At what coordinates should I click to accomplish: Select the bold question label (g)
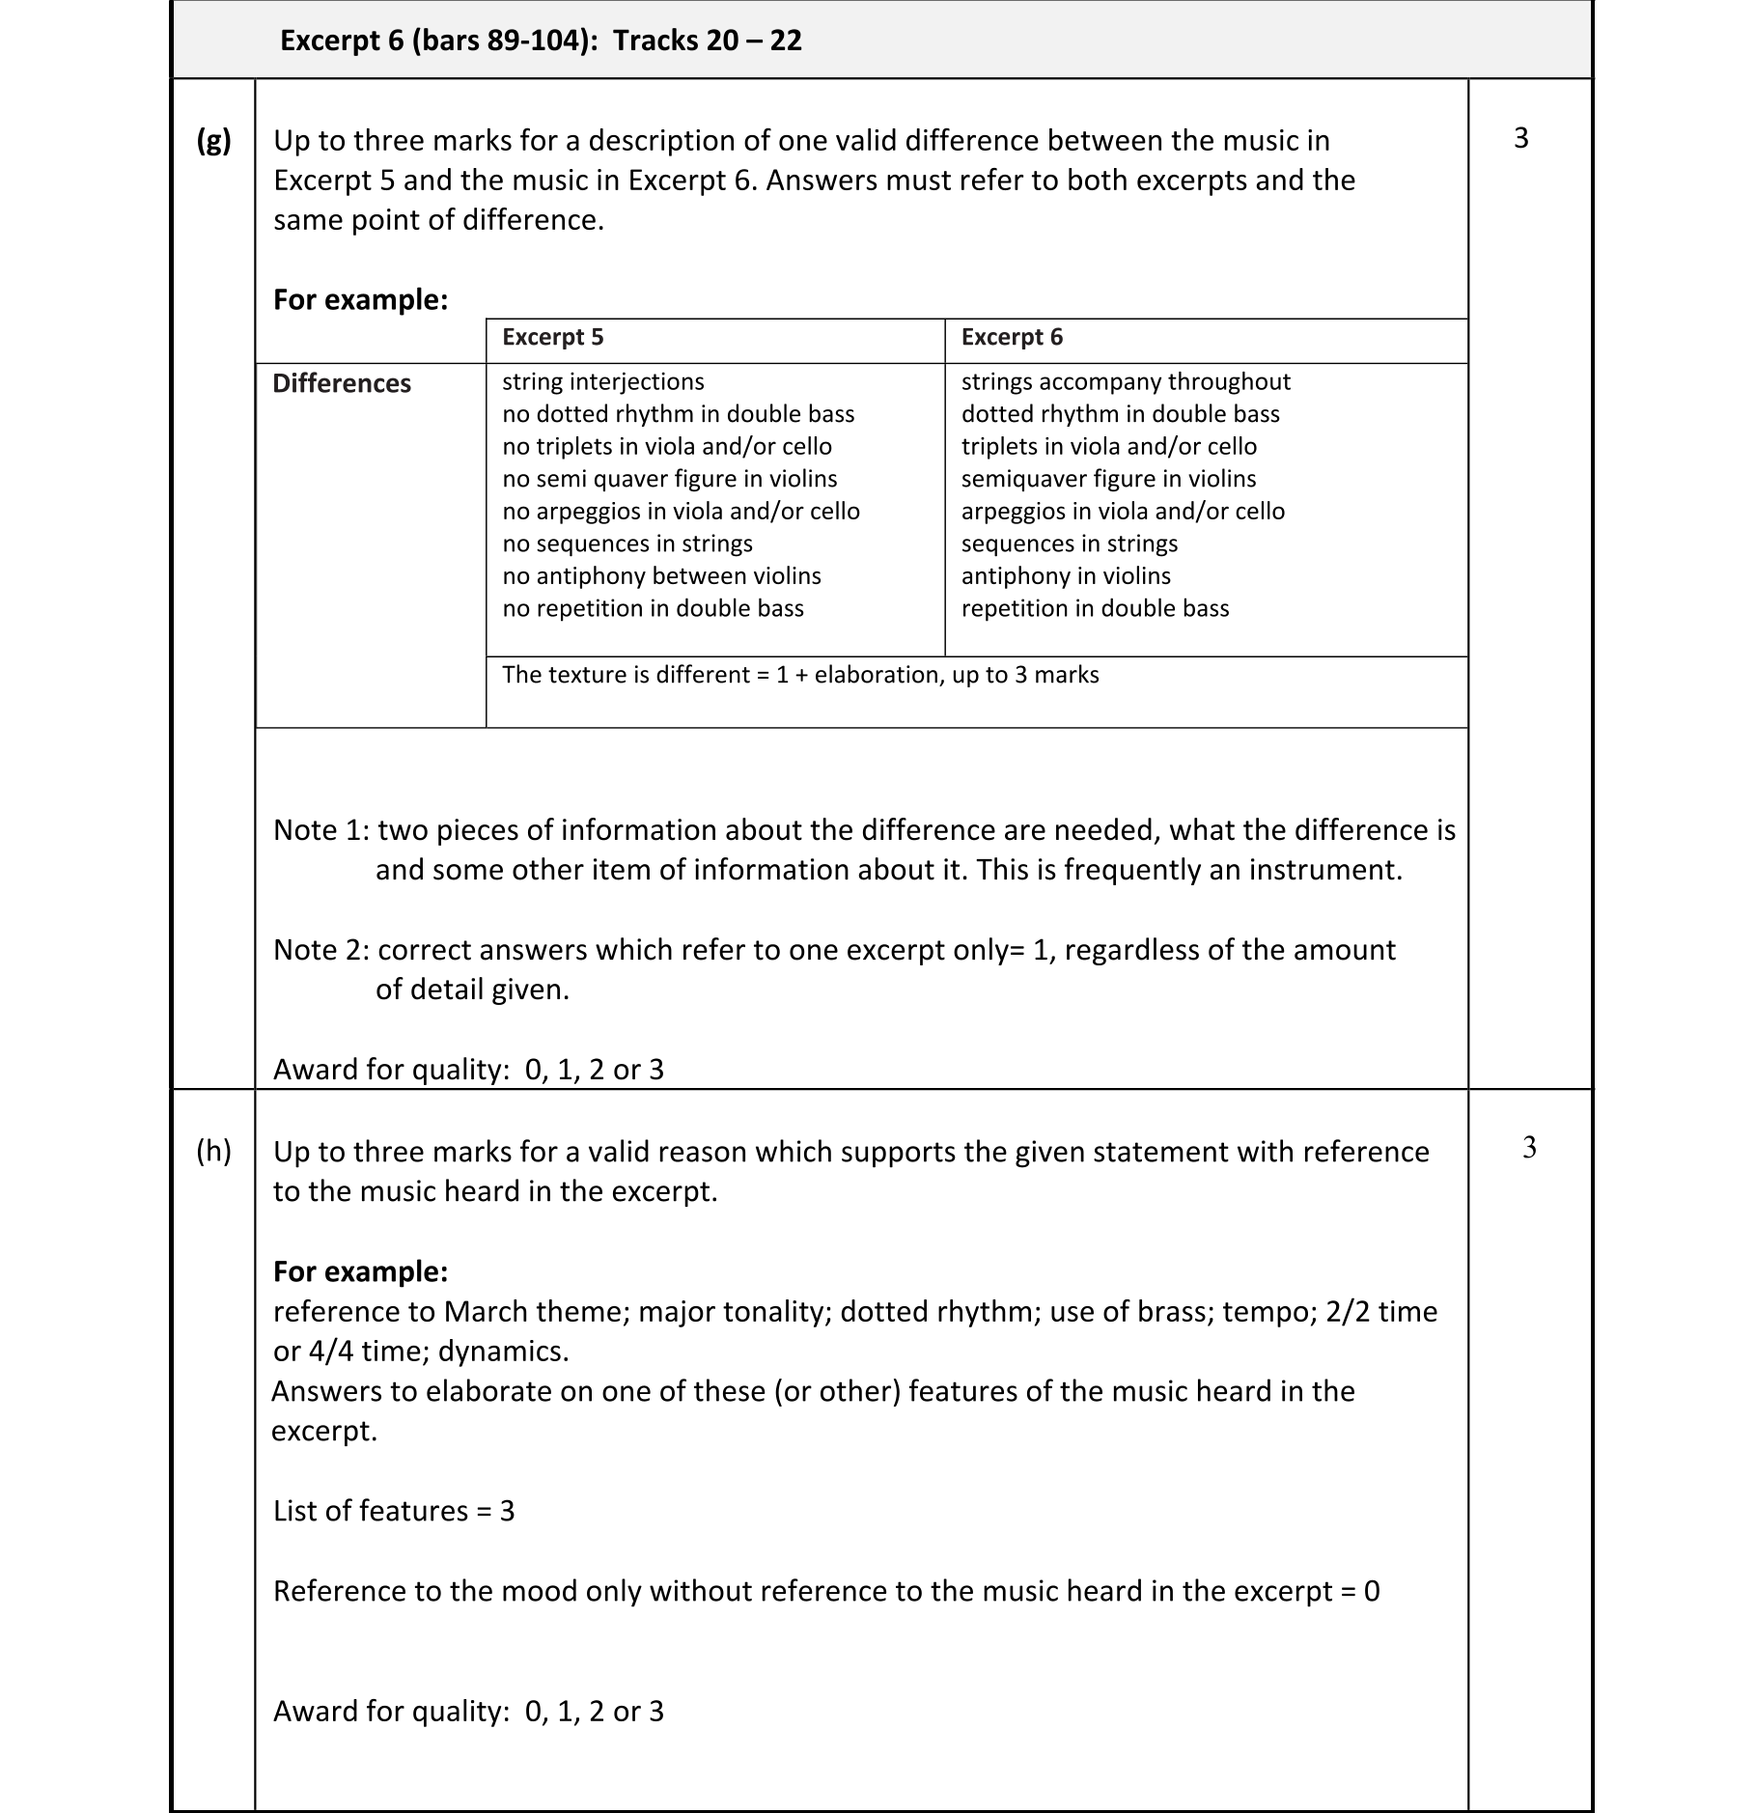tap(213, 141)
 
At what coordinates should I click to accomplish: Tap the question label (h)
tap(213, 1151)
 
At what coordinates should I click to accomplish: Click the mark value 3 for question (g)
tap(1521, 138)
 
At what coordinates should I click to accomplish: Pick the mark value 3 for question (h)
tap(1529, 1147)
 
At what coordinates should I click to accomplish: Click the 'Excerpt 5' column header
tap(552, 337)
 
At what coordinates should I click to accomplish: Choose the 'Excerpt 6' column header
tap(1012, 337)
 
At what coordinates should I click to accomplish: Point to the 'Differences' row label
tap(342, 383)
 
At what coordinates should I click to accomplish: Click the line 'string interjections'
tap(603, 381)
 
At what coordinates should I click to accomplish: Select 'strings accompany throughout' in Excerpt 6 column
tap(1126, 381)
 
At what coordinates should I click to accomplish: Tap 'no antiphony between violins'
tap(661, 576)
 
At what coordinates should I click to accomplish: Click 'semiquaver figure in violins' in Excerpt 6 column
tap(1108, 479)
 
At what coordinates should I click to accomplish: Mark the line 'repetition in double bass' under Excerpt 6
tap(1095, 608)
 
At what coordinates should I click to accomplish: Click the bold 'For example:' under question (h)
tap(360, 1271)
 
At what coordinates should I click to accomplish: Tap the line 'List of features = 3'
tap(394, 1511)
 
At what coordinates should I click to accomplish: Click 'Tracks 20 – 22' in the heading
tap(708, 41)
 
